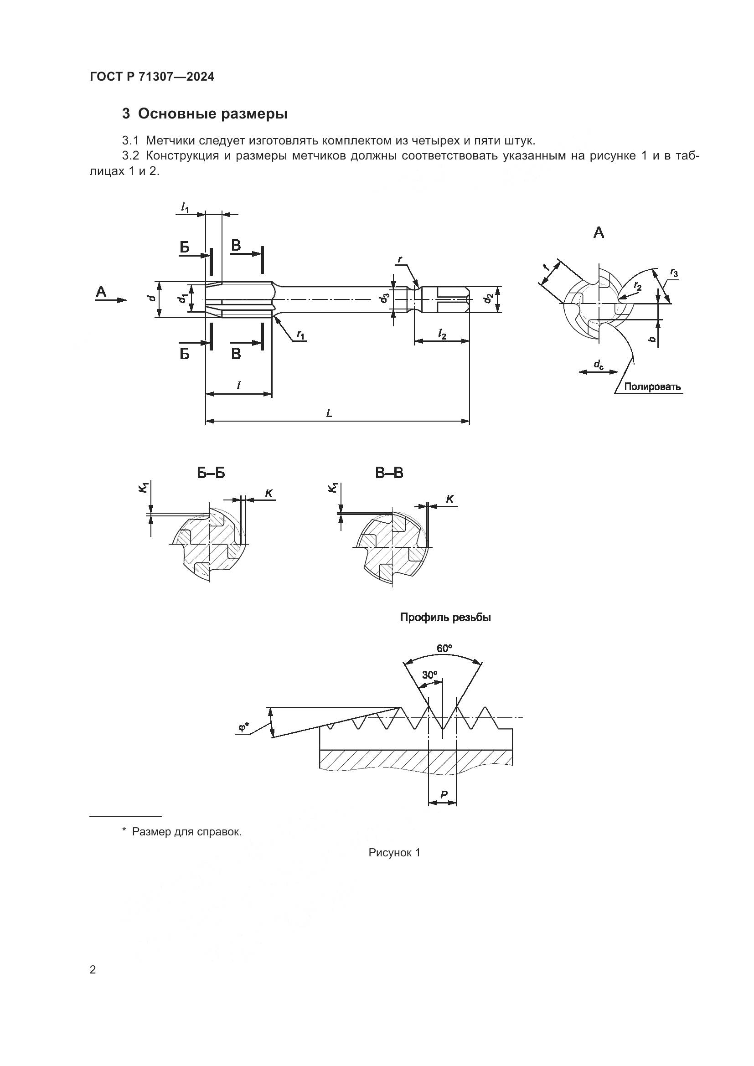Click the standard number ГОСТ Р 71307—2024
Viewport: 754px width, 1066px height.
(x=152, y=77)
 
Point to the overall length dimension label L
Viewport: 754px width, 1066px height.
(x=329, y=413)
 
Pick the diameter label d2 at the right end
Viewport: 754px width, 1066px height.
(x=487, y=298)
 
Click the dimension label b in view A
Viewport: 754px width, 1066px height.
(x=652, y=340)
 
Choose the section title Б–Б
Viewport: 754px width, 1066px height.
(x=211, y=473)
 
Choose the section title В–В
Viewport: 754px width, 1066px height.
(x=389, y=473)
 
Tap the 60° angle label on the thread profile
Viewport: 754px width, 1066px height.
(x=444, y=648)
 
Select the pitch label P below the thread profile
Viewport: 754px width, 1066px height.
(x=443, y=795)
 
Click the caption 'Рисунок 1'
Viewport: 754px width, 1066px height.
(x=394, y=852)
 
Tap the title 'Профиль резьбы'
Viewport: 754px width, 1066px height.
(x=445, y=618)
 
